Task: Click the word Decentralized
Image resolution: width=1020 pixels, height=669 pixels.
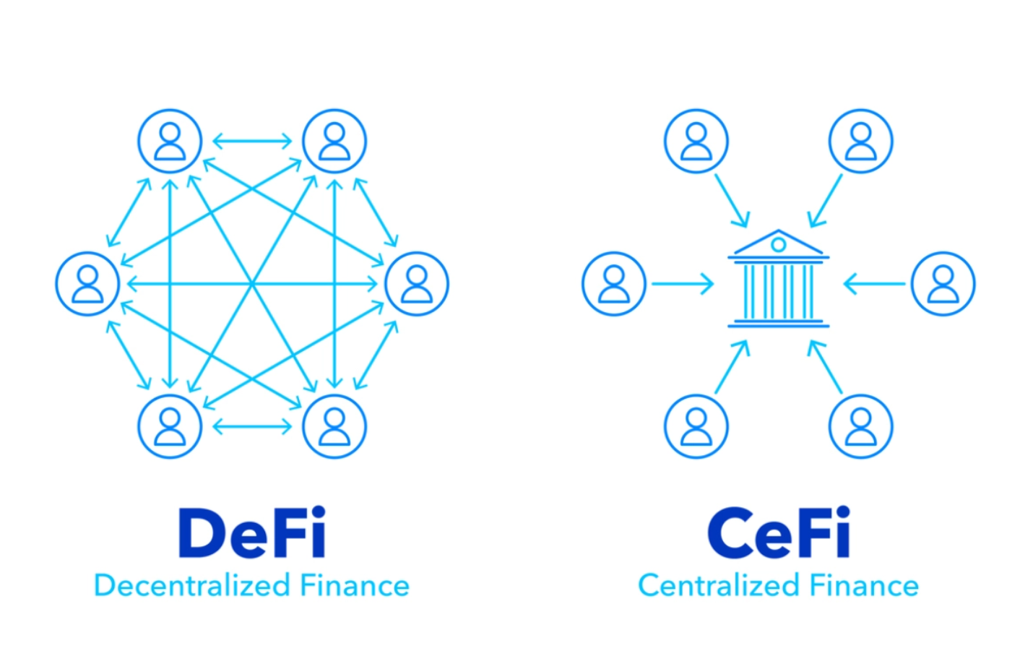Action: coord(191,585)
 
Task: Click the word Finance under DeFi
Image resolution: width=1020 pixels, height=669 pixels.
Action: coord(355,585)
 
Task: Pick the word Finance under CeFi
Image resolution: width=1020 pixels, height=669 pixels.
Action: coord(864,585)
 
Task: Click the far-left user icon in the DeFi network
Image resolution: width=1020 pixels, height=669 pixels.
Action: coord(87,283)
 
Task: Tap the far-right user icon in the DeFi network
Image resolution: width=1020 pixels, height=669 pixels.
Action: coord(417,283)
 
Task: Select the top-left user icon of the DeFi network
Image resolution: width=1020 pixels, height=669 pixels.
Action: coord(170,141)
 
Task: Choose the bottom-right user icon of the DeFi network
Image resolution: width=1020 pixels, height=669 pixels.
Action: coord(334,426)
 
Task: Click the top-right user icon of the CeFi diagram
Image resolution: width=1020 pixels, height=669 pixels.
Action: coord(860,141)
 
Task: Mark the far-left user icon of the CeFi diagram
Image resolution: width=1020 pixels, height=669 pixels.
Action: coord(614,283)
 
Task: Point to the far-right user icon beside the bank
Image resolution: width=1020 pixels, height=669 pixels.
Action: coord(943,283)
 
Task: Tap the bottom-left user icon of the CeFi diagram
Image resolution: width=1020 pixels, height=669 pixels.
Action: coord(696,426)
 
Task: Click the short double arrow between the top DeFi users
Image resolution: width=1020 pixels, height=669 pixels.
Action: coord(252,141)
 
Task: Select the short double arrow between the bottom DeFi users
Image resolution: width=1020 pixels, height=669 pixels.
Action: coord(252,426)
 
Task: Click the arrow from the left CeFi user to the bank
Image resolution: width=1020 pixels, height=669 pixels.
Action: coord(682,284)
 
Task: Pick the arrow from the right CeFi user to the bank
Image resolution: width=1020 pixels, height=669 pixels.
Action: coord(874,284)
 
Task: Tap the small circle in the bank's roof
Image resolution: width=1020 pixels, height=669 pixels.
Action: coord(778,245)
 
